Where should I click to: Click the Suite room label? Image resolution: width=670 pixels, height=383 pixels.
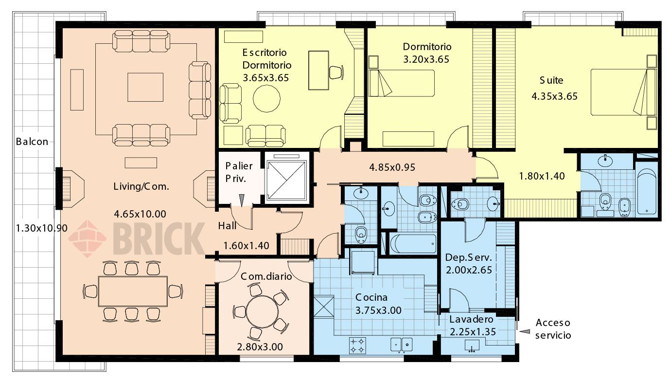pos(551,80)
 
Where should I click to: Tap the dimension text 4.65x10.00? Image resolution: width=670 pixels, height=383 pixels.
pos(140,214)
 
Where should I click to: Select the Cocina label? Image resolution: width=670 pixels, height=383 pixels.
pos(371,297)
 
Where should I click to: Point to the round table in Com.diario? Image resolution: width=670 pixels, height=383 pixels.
pos(263,311)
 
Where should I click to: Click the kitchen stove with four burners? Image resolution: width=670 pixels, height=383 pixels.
pos(357,345)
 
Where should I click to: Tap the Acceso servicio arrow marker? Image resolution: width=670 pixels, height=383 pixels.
pos(525,331)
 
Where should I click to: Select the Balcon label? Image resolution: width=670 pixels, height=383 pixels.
pos(32,141)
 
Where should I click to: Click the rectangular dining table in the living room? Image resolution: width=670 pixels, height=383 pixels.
pos(133,292)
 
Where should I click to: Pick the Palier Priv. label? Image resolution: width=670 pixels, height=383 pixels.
pos(239,172)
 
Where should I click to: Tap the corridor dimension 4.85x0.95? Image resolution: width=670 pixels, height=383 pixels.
pos(392,167)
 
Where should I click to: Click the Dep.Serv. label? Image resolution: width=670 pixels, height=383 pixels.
pos(468,257)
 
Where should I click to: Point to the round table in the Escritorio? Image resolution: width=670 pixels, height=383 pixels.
pos(266,98)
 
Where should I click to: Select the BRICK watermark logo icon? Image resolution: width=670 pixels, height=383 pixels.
pos(88,238)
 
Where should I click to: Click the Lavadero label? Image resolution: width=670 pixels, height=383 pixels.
pos(471,319)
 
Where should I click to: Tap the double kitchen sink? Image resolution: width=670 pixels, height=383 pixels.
pos(402,345)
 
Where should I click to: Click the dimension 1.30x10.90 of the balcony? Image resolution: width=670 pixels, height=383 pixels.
pos(42,228)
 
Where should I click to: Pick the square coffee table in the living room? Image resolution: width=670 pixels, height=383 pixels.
pos(145,87)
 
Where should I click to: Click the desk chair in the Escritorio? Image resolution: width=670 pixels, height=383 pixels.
pos(336,73)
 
